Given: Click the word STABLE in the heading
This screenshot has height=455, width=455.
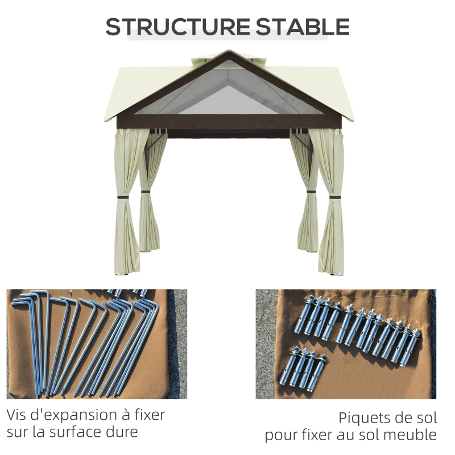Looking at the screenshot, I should pyautogui.click(x=303, y=27).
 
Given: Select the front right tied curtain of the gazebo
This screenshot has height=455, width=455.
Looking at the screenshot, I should pyautogui.click(x=332, y=199).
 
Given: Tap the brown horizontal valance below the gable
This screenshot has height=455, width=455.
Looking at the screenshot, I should pyautogui.click(x=227, y=121).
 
